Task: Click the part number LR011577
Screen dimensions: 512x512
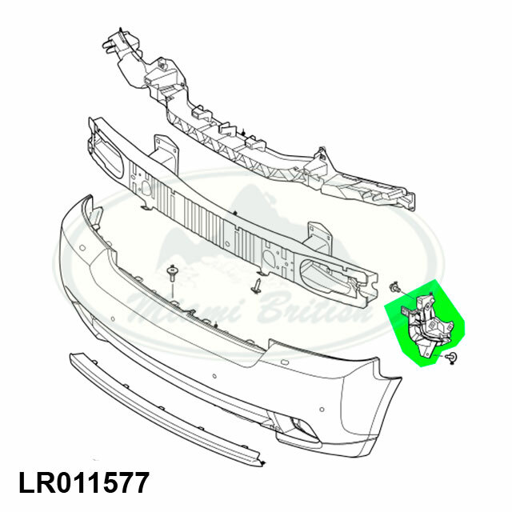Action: [83, 483]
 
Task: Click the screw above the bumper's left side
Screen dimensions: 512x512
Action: [173, 274]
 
